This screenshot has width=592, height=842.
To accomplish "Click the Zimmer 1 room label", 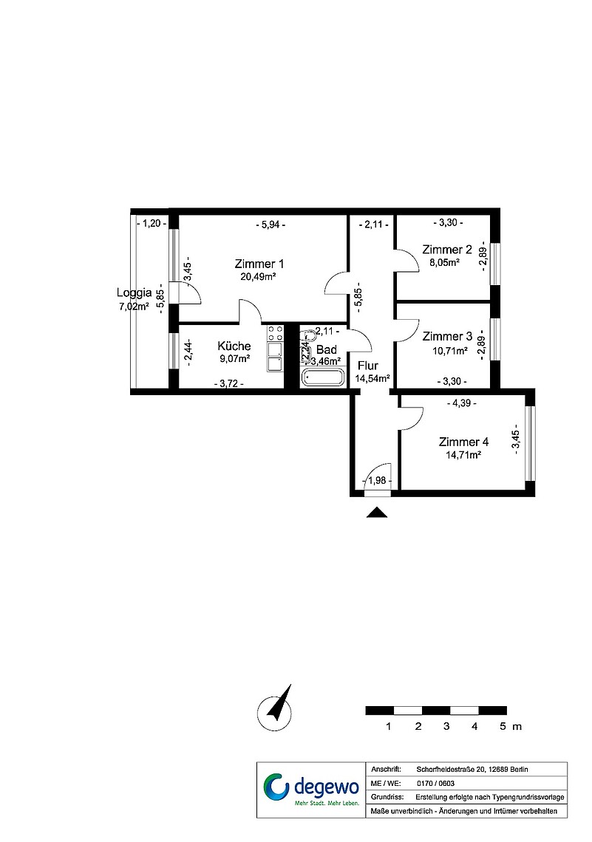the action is tap(259, 264).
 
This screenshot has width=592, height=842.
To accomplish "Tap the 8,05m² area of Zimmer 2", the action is tap(443, 263).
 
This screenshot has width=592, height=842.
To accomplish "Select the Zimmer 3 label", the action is tap(447, 337).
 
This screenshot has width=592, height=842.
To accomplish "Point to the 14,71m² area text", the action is tap(463, 455).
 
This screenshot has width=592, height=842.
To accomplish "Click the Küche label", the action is tap(234, 346).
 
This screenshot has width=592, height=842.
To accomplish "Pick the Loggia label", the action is tap(134, 293).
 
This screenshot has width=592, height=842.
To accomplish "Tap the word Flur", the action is tap(368, 366).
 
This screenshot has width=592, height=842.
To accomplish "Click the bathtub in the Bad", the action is tap(323, 377).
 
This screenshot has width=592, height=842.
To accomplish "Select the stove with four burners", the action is tap(275, 333).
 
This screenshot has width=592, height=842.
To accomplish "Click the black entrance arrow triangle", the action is tap(377, 513).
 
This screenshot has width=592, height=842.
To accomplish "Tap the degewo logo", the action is tap(311, 790).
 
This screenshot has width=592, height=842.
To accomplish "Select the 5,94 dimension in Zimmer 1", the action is tap(271, 225).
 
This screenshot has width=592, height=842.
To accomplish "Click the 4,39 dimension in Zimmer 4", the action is tap(462, 403).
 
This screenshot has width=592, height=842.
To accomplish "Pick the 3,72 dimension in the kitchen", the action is tap(229, 383).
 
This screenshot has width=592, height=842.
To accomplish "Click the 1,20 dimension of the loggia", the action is tap(152, 223).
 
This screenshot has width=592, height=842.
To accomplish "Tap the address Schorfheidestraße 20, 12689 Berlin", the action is tap(472, 770).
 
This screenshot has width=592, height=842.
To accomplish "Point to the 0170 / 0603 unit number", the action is tap(435, 784).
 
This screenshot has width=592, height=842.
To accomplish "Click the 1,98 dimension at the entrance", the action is tap(377, 481).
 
